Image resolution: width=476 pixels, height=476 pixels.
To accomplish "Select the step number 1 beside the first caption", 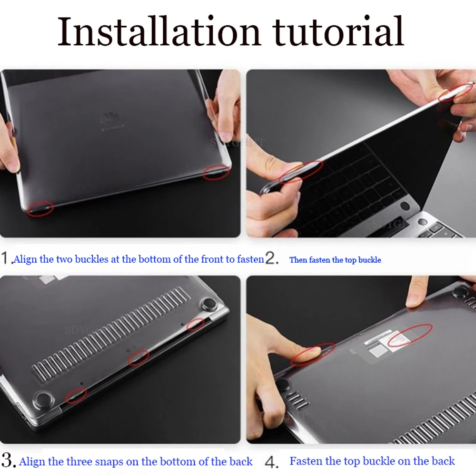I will click(5, 259).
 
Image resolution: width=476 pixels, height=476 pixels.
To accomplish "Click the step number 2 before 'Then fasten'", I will click(271, 259).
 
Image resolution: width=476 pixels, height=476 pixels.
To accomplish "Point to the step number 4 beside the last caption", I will click(272, 461).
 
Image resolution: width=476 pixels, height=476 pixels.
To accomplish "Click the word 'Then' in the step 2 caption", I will click(298, 260).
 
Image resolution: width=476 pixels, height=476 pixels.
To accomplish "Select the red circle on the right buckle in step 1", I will click(217, 172).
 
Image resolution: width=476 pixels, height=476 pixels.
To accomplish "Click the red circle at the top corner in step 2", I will click(456, 92).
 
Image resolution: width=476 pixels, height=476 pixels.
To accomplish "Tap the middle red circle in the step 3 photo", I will click(139, 357).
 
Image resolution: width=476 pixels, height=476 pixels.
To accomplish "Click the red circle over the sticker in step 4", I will click(409, 335).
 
